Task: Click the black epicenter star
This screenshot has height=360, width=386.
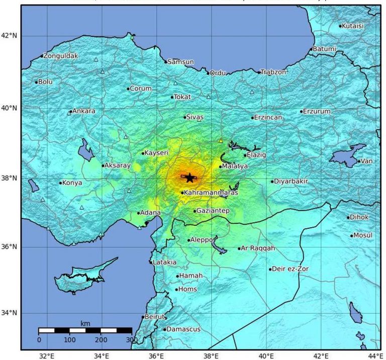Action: pos(189,177)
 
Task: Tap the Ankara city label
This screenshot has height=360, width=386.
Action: pos(84,111)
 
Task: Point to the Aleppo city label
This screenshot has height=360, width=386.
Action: pos(202,240)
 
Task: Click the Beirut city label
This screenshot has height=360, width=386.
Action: pos(155,317)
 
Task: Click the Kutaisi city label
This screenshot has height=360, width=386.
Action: pos(353,26)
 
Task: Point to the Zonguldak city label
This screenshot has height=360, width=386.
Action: pos(61,56)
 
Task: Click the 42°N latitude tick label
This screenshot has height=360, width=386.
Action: pos(9,36)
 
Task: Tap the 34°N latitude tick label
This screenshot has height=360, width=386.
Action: pos(9,313)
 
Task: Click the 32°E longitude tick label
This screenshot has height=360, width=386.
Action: pos(47,355)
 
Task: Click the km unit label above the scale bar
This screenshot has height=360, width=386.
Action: pos(85,323)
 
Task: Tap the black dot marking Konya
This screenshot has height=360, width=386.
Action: pos(60,183)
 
